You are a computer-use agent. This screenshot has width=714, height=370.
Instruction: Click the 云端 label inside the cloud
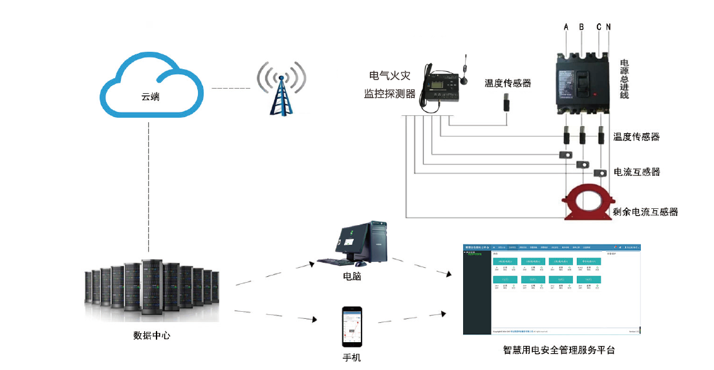pyautogui.click(x=151, y=97)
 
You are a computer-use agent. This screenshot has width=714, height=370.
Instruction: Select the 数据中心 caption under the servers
pyautogui.click(x=151, y=336)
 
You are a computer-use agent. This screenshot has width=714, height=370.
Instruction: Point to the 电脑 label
pyautogui.click(x=352, y=276)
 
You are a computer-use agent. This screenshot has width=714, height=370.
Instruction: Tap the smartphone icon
pyautogui.click(x=352, y=326)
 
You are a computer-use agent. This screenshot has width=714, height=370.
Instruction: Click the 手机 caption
pyautogui.click(x=352, y=357)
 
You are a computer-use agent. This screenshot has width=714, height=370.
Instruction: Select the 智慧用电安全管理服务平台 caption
pyautogui.click(x=558, y=350)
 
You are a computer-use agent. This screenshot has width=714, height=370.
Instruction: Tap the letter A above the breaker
pyautogui.click(x=566, y=27)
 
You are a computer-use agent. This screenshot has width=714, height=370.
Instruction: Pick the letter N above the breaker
pyautogui.click(x=608, y=27)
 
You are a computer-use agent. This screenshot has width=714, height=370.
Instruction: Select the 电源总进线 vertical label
pyautogui.click(x=624, y=79)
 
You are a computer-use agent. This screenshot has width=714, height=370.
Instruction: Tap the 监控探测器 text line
pyautogui.click(x=389, y=94)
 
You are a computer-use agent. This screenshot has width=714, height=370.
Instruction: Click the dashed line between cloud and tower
pyautogui.click(x=231, y=88)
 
